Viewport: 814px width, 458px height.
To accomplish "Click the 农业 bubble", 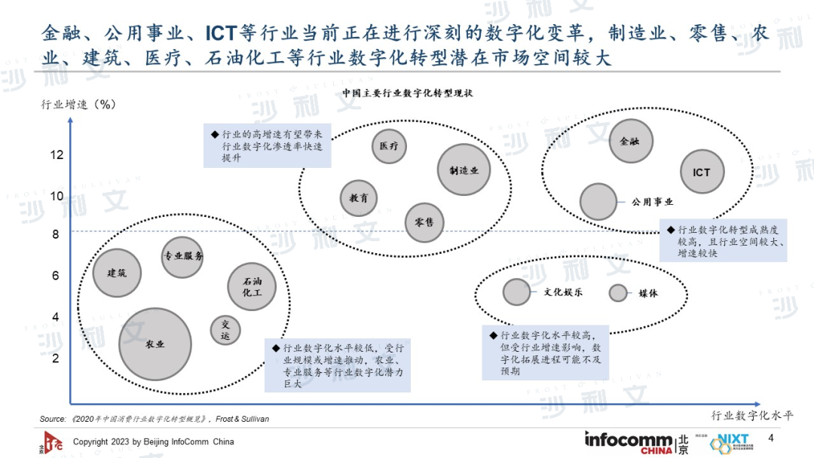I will [155, 344].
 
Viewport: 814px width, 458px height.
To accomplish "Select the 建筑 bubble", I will [117, 273].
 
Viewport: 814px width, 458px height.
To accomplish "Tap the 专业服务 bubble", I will [183, 256].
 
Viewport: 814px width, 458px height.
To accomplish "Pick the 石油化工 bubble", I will [252, 286].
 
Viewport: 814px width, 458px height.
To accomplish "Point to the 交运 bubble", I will [225, 331].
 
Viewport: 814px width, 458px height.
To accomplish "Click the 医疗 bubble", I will [390, 145].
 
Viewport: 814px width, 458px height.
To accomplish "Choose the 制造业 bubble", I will [463, 171].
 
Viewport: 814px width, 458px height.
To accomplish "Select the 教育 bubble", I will [359, 199].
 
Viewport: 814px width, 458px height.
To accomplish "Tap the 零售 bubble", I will [424, 222].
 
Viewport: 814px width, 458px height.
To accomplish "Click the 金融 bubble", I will [630, 141].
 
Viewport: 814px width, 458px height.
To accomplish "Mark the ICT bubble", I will [702, 173].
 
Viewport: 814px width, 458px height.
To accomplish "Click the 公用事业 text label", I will [653, 202].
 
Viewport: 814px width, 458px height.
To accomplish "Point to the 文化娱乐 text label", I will [563, 292].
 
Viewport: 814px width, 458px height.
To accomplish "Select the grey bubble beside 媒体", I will [620, 293].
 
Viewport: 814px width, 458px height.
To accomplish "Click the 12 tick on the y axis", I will [57, 155].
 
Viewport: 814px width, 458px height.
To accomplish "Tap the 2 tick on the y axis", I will [56, 359].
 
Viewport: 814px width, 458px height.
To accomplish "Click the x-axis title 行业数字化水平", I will [752, 415].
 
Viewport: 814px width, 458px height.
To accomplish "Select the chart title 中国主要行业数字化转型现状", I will [407, 93].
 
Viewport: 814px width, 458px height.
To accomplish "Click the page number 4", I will [770, 438].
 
